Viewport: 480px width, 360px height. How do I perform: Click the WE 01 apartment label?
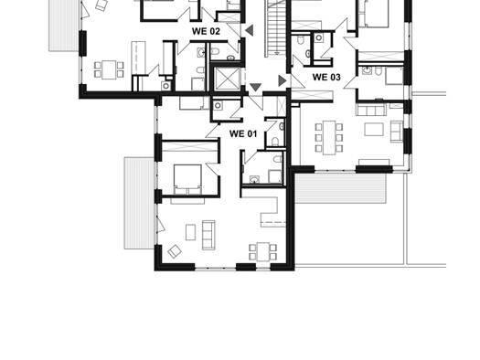[x=243, y=134]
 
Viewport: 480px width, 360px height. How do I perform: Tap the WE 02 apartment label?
[x=206, y=31]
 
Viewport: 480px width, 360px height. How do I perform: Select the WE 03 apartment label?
[x=326, y=77]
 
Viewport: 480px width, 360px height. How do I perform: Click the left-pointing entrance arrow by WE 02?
[x=250, y=30]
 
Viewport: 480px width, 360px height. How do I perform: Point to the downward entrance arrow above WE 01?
[x=256, y=87]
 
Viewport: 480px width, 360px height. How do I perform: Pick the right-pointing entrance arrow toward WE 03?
[x=283, y=80]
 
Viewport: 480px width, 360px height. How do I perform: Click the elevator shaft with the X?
[x=227, y=79]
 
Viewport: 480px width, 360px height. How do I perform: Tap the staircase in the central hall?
[x=276, y=28]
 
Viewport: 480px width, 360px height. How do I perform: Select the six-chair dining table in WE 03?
[x=329, y=138]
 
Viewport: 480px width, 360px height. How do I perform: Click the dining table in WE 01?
[x=263, y=251]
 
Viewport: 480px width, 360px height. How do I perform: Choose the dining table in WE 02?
[x=109, y=69]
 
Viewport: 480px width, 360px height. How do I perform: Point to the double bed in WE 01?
[x=187, y=179]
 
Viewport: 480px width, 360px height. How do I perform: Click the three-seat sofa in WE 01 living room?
[x=208, y=235]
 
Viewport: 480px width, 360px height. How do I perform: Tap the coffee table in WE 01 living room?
[x=191, y=232]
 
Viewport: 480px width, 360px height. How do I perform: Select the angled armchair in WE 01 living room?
[x=175, y=251]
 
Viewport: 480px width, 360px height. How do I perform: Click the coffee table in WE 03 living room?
[x=374, y=129]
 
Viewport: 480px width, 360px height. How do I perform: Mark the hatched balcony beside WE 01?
[x=139, y=203]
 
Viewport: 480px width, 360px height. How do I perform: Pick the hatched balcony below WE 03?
[x=340, y=188]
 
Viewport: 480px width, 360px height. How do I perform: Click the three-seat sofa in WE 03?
[x=371, y=110]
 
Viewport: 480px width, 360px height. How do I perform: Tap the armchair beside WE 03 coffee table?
[x=397, y=132]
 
